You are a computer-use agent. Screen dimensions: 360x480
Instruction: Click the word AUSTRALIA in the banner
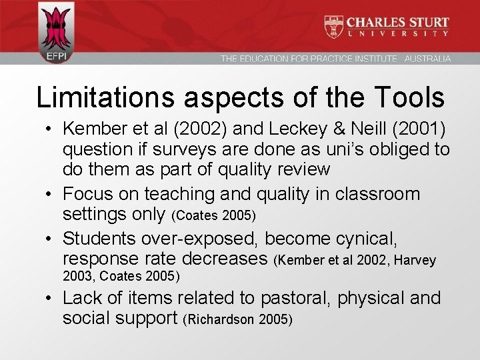click(x=427, y=59)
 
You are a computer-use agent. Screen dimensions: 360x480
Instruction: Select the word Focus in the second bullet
click(x=87, y=195)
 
